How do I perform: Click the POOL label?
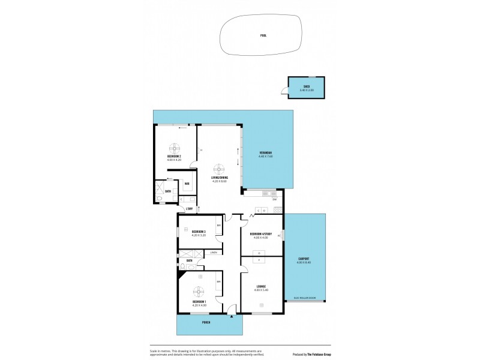click(263, 35)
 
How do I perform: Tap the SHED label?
click(306, 87)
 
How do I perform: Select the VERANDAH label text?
click(266, 153)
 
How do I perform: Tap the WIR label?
click(187, 184)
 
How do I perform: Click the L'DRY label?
click(189, 209)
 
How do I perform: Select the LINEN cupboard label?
click(213, 253)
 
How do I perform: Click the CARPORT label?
click(304, 259)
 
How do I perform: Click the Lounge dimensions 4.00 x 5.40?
click(260, 290)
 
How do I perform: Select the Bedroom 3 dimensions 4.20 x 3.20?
click(199, 235)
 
